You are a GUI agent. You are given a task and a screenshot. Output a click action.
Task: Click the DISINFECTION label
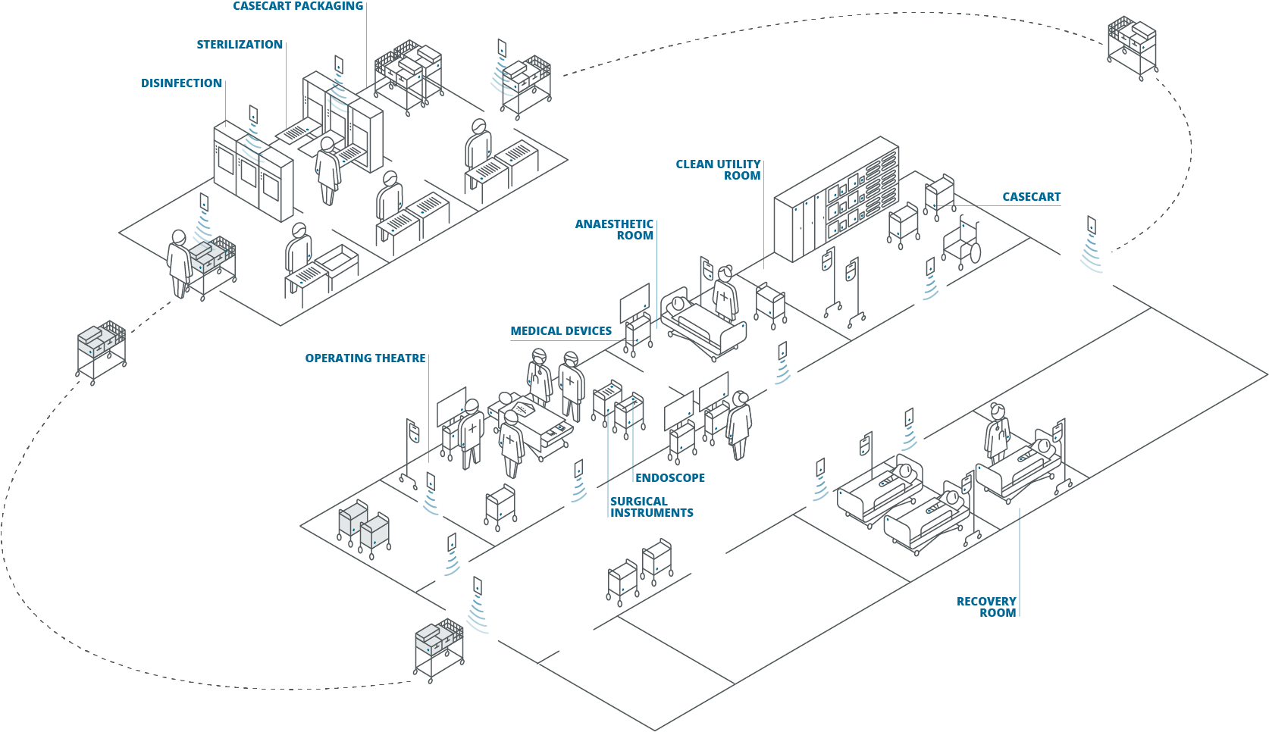coord(181,83)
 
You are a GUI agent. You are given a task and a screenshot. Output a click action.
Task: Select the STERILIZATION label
coord(240,45)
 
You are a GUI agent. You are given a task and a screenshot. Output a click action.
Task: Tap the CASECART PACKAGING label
coord(298,6)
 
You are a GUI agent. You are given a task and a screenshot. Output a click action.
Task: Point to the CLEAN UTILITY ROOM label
coord(718,170)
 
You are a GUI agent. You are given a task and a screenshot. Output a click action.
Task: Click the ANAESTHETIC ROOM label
coord(614,230)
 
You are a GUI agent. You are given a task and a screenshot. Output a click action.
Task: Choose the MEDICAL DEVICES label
coord(561,331)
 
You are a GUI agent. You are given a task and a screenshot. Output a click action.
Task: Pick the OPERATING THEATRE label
coord(365,358)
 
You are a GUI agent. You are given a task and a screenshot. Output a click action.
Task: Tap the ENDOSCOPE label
coord(670,478)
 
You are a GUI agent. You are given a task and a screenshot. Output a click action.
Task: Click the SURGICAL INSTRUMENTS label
coord(651,507)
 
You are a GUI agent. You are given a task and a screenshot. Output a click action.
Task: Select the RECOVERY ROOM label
coord(986,607)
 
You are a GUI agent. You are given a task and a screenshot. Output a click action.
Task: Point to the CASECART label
coord(1031,197)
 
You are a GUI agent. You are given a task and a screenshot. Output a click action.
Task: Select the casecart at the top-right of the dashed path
coord(1132,45)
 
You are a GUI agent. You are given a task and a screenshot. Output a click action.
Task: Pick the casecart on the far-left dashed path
coord(101,350)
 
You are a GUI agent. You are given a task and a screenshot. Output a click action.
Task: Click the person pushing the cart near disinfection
coord(179,262)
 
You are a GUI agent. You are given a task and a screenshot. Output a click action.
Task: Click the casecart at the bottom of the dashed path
coord(438,648)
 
